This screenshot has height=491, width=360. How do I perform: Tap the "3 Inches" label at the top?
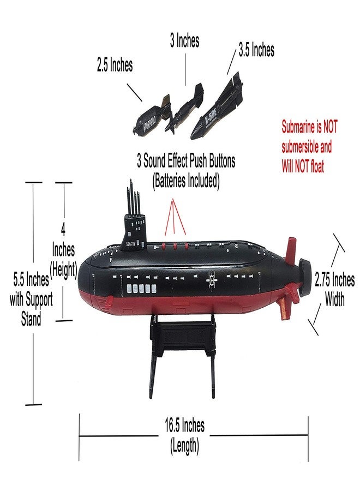184,41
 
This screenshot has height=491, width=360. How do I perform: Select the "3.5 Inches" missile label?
256,51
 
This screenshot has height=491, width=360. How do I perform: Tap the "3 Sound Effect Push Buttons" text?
186,161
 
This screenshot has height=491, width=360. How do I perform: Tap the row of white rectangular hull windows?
140,288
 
